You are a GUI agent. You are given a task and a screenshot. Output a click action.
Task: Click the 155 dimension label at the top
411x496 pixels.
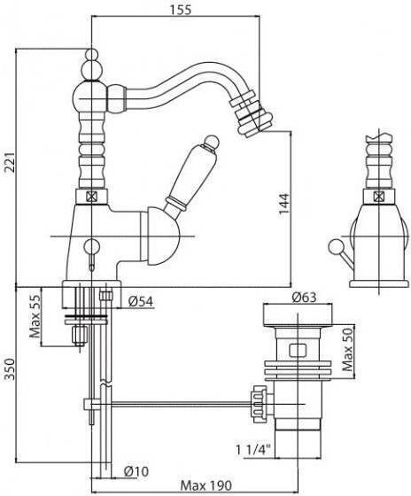181,10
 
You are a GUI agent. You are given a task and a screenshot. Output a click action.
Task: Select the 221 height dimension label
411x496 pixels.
10,163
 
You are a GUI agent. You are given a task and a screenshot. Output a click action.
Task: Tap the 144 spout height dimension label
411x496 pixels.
283,204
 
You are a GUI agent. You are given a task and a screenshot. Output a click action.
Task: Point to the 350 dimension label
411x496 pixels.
10,369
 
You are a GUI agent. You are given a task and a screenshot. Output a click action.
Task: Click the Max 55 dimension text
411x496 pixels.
35,316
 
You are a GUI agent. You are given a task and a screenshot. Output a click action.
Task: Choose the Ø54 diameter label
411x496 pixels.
141,301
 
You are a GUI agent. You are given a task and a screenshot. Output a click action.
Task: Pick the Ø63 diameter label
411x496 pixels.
304,298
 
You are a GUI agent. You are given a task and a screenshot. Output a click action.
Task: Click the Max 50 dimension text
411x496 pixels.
348,349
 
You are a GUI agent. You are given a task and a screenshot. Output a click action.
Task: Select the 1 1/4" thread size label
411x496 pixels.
253,450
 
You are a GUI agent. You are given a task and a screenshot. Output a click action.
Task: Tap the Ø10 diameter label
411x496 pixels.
136,472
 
